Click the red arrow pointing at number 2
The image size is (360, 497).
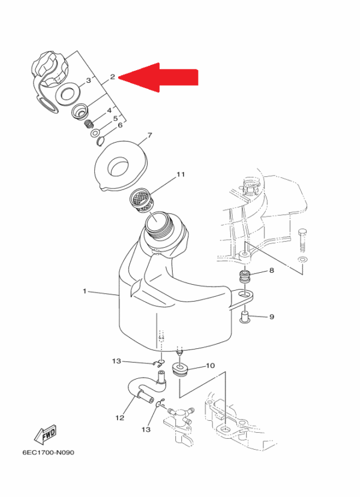point(158,77)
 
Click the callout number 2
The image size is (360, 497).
point(112,77)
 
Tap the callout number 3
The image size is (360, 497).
point(88,80)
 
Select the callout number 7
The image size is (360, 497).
point(150,135)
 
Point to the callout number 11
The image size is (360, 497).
point(181,174)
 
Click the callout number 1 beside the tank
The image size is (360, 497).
point(85,291)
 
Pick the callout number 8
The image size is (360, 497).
point(272,270)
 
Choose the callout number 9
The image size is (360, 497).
point(272,317)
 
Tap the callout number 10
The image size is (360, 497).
point(210,366)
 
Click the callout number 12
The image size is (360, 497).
point(120,418)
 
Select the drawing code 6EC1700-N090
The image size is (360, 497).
point(49,452)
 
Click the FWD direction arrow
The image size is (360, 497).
point(45,435)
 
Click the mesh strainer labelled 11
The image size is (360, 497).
point(142,201)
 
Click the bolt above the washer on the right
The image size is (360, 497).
point(302,240)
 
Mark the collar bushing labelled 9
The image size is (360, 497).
point(245,317)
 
